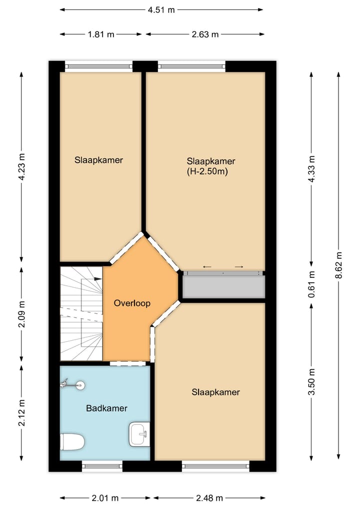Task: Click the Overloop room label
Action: (x=132, y=303)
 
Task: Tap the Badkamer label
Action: (x=106, y=408)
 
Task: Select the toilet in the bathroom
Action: (x=72, y=442)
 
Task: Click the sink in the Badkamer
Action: (x=139, y=434)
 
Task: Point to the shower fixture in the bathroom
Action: (x=72, y=385)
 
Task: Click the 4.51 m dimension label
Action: (x=161, y=10)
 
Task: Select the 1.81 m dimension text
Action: (x=101, y=34)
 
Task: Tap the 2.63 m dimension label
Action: (x=205, y=34)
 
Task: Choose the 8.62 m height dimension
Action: (x=339, y=265)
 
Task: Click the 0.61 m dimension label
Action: (x=311, y=284)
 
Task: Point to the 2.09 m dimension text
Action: (x=21, y=314)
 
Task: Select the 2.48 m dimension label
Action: (x=209, y=498)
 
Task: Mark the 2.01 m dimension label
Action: (x=105, y=498)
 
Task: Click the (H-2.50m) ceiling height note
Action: (x=207, y=171)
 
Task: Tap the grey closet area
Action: (x=224, y=287)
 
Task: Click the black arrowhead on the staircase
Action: (x=98, y=278)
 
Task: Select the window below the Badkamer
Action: (x=102, y=466)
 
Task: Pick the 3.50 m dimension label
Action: (x=311, y=382)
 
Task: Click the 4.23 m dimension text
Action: (x=21, y=166)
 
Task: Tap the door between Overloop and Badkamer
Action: (x=127, y=363)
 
